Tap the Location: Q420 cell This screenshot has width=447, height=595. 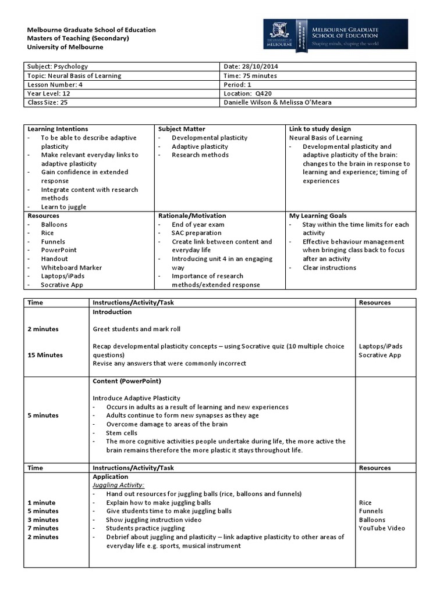[x=247, y=93]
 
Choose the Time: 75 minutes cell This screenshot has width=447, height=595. [x=250, y=76]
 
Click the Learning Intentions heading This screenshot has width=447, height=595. [x=58, y=129]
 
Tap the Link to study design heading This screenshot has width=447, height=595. [x=320, y=129]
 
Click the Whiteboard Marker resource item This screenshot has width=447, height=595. [x=71, y=267]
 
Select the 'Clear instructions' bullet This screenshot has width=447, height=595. [x=329, y=267]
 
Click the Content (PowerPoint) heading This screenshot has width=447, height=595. [x=127, y=381]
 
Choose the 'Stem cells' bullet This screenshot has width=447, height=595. [x=122, y=433]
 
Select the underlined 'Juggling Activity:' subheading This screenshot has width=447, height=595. [x=119, y=485]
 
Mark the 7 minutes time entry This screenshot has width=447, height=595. [x=43, y=528]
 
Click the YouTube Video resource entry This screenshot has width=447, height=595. [x=382, y=528]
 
